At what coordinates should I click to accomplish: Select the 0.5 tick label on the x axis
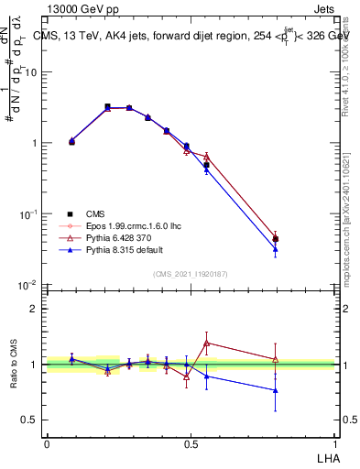tap(191, 443)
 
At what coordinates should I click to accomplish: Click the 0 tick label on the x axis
tap(47, 443)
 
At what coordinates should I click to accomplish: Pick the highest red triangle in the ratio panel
tap(207, 343)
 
